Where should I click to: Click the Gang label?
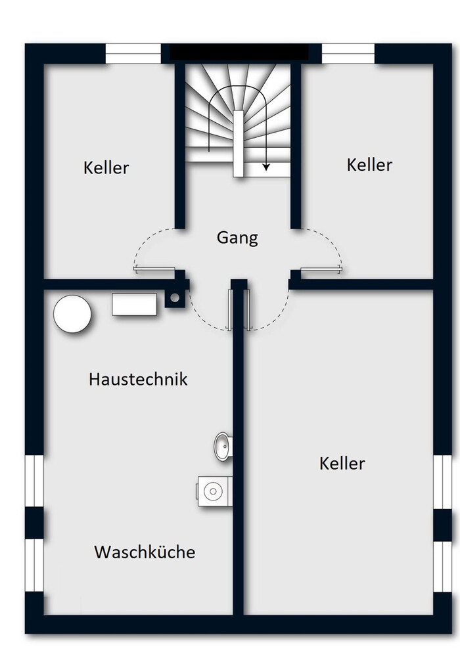pos(237,238)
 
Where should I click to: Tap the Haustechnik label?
pos(138,378)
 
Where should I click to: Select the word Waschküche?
pos(145,552)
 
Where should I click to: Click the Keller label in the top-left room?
pos(106,167)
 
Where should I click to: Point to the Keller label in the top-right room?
pos(369,165)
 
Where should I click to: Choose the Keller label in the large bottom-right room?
pos(342,463)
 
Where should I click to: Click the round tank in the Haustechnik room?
pos(72,314)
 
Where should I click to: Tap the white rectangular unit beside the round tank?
pos(134,304)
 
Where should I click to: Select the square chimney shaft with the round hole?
pos(175,298)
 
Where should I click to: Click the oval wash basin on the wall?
pos(223,446)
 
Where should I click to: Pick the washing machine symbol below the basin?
pos(214,491)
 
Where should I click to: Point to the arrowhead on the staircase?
pos(266,167)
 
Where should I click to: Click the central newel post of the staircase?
pos(239,144)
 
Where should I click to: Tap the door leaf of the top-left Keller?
pos(154,269)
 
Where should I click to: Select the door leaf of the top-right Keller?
pos(321,269)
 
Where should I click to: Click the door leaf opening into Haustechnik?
pos(230,309)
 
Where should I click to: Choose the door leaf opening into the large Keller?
pos(248,309)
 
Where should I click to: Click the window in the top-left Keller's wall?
pos(133,54)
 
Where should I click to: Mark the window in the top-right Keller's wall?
pos(348,54)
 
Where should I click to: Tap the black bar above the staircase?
pos(239,52)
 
